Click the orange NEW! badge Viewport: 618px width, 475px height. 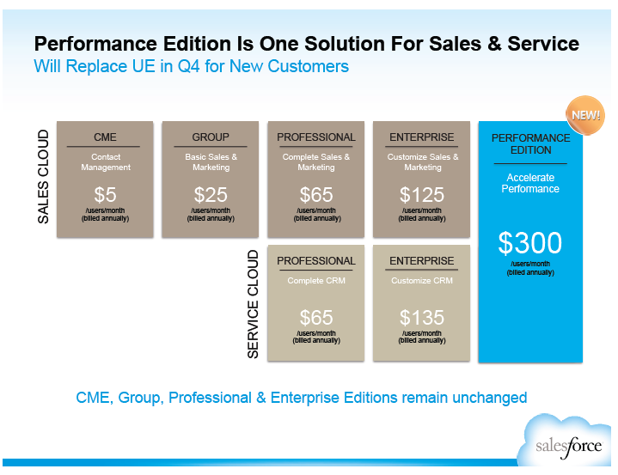pos(585,115)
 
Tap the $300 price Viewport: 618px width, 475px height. pos(530,242)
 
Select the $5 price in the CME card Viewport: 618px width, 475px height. pos(105,195)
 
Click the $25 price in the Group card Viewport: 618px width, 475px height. pos(211,195)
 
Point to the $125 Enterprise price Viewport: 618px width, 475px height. pos(422,195)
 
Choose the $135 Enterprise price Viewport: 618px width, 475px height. pos(422,318)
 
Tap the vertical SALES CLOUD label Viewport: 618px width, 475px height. pos(43,177)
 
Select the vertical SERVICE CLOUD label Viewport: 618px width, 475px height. pos(253,304)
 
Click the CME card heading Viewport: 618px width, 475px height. pos(105,137)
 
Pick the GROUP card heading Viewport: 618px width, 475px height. pos(211,137)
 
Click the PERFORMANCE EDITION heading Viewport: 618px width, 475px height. pos(530,143)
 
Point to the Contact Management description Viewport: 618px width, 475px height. pos(106,161)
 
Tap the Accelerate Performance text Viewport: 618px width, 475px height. pos(530,183)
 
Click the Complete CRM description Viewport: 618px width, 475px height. pos(316,280)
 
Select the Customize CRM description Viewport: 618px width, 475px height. pos(422,280)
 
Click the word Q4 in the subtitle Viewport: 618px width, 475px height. pos(188,66)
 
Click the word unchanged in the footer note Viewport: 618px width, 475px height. pos(490,398)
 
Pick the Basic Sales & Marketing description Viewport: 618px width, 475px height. pos(211,161)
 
